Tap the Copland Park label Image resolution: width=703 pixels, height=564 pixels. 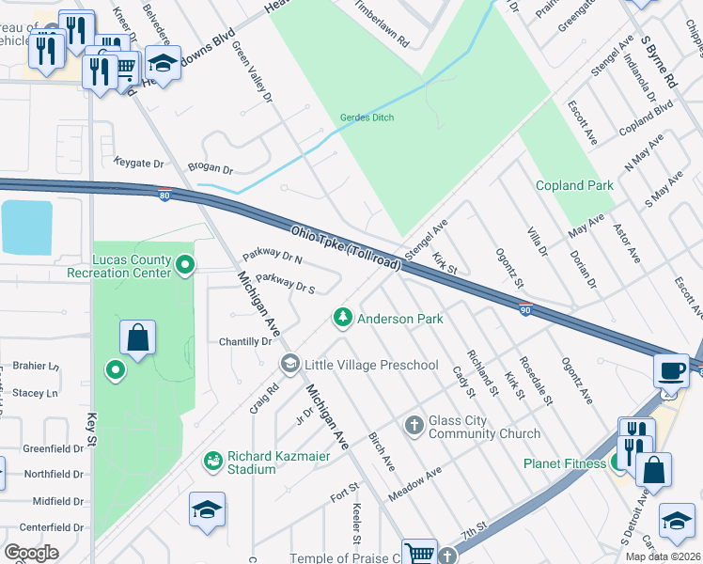574,185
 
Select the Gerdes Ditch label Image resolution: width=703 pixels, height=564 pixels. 367,117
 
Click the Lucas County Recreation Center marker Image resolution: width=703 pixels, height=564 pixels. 185,266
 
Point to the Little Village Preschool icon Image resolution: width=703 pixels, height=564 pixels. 289,364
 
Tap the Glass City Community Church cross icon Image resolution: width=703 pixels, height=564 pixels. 414,427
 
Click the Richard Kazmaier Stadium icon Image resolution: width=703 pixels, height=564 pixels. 213,461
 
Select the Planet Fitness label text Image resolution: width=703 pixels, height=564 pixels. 567,462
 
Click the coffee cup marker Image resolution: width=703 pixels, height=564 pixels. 671,369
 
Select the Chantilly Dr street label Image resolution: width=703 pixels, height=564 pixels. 244,342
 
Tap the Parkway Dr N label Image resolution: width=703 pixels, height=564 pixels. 272,256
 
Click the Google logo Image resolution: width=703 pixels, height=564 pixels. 31,552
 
